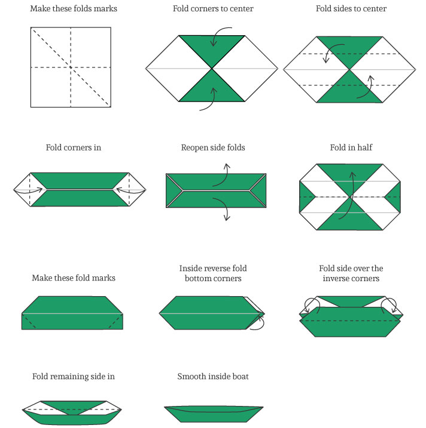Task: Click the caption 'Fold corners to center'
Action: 212,9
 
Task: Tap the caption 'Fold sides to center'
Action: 351,9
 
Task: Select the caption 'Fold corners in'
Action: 73,147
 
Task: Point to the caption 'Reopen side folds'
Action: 213,147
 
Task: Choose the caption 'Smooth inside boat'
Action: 213,376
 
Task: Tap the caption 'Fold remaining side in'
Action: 74,376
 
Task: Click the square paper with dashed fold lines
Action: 71,67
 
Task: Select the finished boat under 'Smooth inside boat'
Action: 213,412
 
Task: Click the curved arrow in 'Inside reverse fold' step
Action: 258,322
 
